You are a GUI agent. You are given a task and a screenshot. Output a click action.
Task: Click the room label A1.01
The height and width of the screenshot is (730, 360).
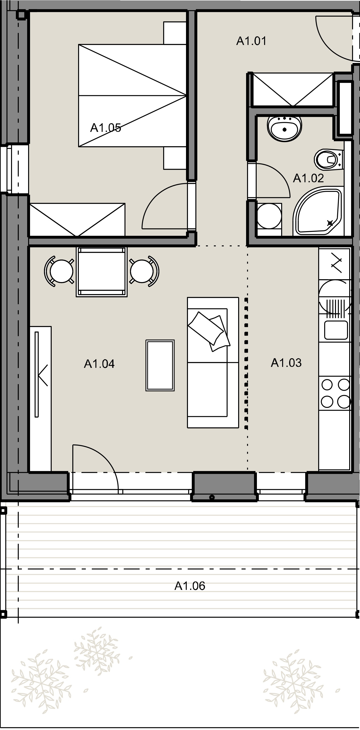click(x=251, y=41)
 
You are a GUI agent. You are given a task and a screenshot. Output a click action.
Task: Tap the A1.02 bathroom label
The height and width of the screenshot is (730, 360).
click(x=308, y=178)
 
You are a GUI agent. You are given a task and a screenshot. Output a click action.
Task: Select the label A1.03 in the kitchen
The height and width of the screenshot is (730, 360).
click(x=286, y=363)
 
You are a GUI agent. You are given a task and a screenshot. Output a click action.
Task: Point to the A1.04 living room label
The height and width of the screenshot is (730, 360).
click(x=99, y=364)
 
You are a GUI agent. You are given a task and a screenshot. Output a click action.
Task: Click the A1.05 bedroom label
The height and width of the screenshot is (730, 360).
click(x=106, y=128)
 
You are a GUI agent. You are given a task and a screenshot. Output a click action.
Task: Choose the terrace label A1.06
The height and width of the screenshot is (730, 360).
click(x=190, y=586)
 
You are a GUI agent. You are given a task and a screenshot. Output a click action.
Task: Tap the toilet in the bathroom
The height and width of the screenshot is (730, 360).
click(x=329, y=159)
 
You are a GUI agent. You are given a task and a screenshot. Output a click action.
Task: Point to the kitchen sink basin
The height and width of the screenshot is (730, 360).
click(x=336, y=330)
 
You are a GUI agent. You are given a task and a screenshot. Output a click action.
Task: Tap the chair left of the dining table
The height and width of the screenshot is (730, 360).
click(x=59, y=271)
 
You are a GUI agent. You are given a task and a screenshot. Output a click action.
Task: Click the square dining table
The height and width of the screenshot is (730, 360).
click(x=102, y=272)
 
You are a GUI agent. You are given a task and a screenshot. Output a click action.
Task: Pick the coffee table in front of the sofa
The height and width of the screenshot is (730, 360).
click(x=160, y=365)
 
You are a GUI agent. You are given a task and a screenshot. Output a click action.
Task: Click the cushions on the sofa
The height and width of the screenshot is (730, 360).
click(x=209, y=331)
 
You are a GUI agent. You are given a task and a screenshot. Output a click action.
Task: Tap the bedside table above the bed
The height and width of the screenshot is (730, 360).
click(x=175, y=33)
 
